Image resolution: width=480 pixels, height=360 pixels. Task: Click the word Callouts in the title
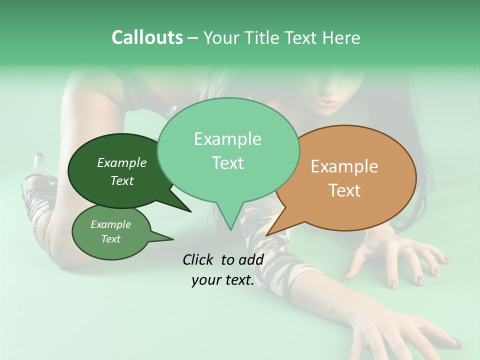(147, 37)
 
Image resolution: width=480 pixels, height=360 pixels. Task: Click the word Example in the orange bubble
(344, 166)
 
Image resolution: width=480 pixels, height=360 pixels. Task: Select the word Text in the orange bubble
(344, 190)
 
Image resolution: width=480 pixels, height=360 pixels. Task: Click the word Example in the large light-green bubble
(227, 139)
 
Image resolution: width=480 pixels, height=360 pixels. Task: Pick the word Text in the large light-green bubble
(227, 163)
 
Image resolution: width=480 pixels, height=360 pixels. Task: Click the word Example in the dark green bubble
(122, 162)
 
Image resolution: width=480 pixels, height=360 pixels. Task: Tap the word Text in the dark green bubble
(122, 180)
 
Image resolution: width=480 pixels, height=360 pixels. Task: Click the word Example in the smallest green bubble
(110, 224)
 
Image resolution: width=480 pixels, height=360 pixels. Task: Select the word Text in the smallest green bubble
(110, 239)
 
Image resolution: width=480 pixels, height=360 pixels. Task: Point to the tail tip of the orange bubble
(267, 235)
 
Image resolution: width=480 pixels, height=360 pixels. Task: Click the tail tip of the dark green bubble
(191, 211)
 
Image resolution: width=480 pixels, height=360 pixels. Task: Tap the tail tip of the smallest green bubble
(173, 239)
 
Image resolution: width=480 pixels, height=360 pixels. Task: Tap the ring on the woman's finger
(407, 247)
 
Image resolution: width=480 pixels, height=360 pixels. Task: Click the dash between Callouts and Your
(193, 38)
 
